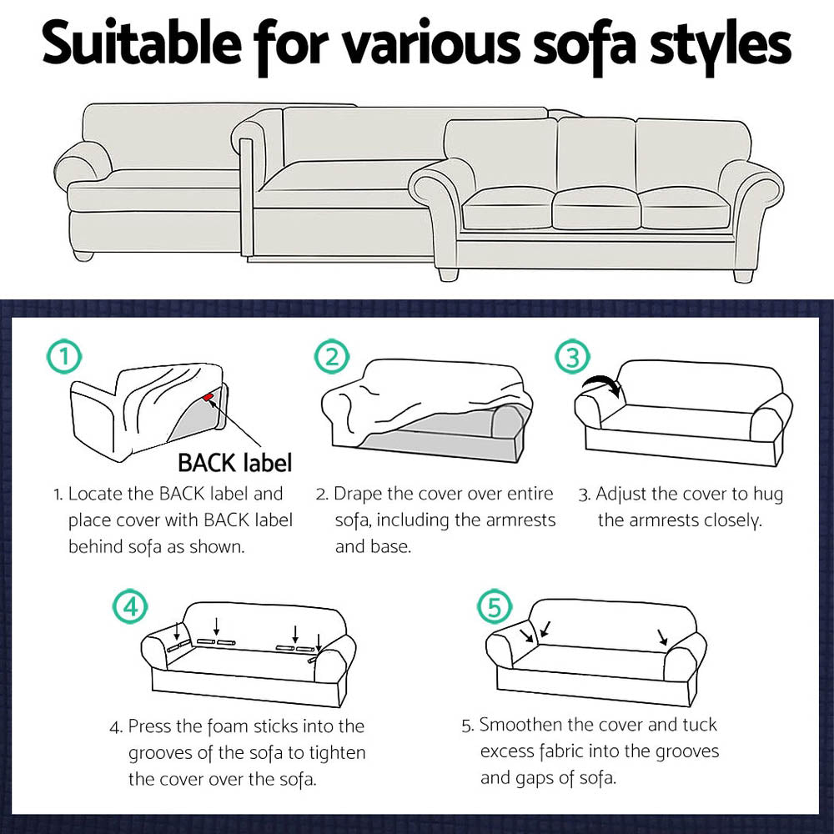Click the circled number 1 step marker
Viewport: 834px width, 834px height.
(64, 358)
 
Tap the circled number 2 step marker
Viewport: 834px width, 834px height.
(331, 358)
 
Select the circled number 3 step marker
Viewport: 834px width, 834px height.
(571, 358)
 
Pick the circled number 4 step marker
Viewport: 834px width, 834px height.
(129, 605)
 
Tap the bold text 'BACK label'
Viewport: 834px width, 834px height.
(234, 461)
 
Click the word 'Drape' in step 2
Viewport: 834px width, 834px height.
(360, 495)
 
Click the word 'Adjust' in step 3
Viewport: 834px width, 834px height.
(625, 495)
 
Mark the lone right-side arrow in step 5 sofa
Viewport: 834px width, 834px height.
(662, 637)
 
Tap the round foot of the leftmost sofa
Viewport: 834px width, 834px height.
(83, 254)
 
